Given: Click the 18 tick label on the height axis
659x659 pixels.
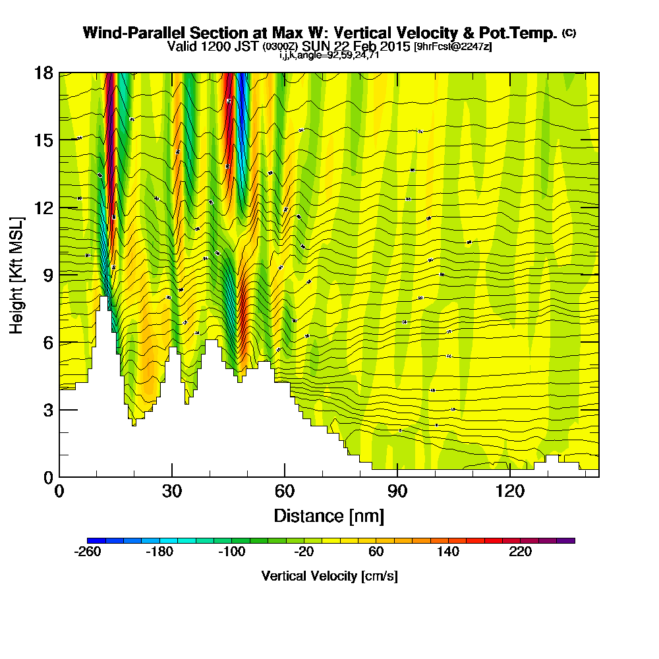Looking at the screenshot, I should coord(43,72).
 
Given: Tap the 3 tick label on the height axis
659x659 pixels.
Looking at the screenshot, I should coord(47,410).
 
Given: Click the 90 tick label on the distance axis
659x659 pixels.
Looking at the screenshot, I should coord(397,491).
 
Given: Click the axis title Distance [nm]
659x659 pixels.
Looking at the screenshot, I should coord(329,515).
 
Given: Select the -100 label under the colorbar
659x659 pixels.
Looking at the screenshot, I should coord(232,552).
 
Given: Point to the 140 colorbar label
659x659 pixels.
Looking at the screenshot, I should coord(448,552).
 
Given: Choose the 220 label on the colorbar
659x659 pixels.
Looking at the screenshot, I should coord(521,552).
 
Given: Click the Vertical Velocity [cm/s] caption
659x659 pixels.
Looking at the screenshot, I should coord(329,576).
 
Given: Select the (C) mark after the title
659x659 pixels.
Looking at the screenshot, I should coord(569,33).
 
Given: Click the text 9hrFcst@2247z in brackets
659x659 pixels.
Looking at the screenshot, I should coord(453,47).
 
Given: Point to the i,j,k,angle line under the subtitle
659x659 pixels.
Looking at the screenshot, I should coord(329,55).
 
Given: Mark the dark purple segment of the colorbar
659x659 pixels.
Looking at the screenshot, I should coord(566,540).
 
